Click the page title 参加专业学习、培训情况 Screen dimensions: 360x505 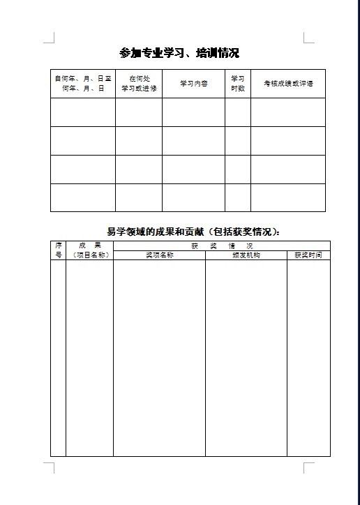179,53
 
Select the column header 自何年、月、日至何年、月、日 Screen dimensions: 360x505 83,84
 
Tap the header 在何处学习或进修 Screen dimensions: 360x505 139,84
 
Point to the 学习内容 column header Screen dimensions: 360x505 193,84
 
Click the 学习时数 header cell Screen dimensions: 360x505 237,84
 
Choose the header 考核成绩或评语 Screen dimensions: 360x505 288,84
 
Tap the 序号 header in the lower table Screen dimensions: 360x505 58,250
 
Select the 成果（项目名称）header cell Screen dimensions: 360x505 89,250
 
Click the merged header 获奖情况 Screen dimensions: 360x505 221,246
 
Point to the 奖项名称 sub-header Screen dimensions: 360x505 159,255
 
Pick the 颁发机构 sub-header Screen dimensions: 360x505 246,255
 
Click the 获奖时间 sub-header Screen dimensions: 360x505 308,255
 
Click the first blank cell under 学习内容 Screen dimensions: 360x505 193,112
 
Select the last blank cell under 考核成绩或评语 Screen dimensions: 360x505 288,197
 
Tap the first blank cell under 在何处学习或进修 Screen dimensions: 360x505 139,112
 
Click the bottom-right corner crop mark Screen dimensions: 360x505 308,467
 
